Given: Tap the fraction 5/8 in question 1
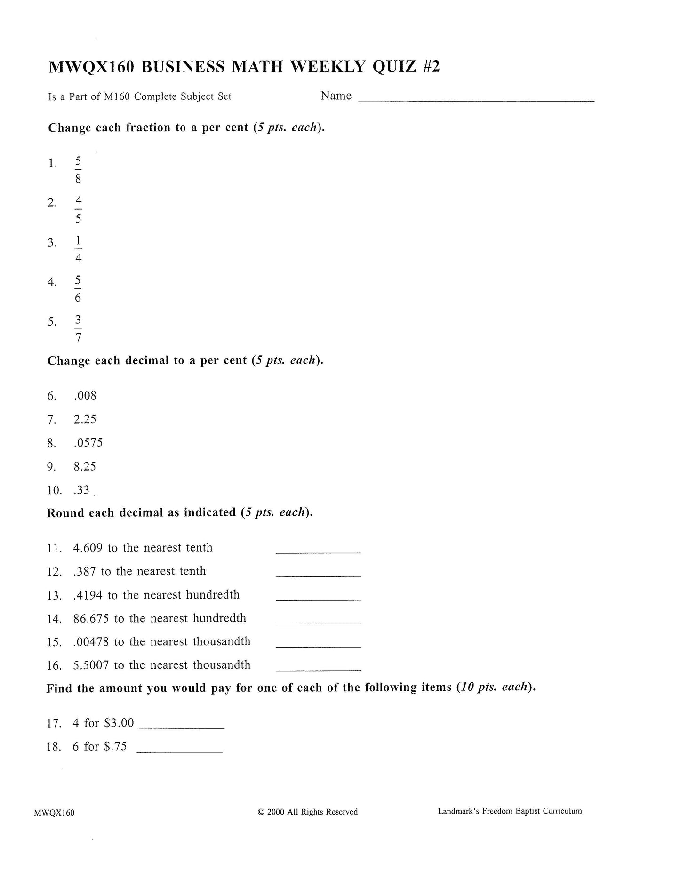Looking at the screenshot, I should tap(78, 170).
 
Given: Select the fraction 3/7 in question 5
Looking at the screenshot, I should tap(78, 329).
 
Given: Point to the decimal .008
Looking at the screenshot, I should tap(85, 396).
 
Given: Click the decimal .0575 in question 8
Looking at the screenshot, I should tap(88, 443).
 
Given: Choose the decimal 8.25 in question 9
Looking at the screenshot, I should tap(85, 466).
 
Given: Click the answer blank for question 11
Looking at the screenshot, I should tap(318, 552).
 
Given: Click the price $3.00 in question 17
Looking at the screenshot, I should tap(119, 723).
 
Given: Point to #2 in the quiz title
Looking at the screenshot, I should tap(430, 67).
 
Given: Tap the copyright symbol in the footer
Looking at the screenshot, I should tap(261, 812).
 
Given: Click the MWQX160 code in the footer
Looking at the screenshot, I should tap(54, 813).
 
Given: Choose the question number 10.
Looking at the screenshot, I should tap(54, 490).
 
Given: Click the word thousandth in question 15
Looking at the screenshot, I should tap(222, 641).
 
